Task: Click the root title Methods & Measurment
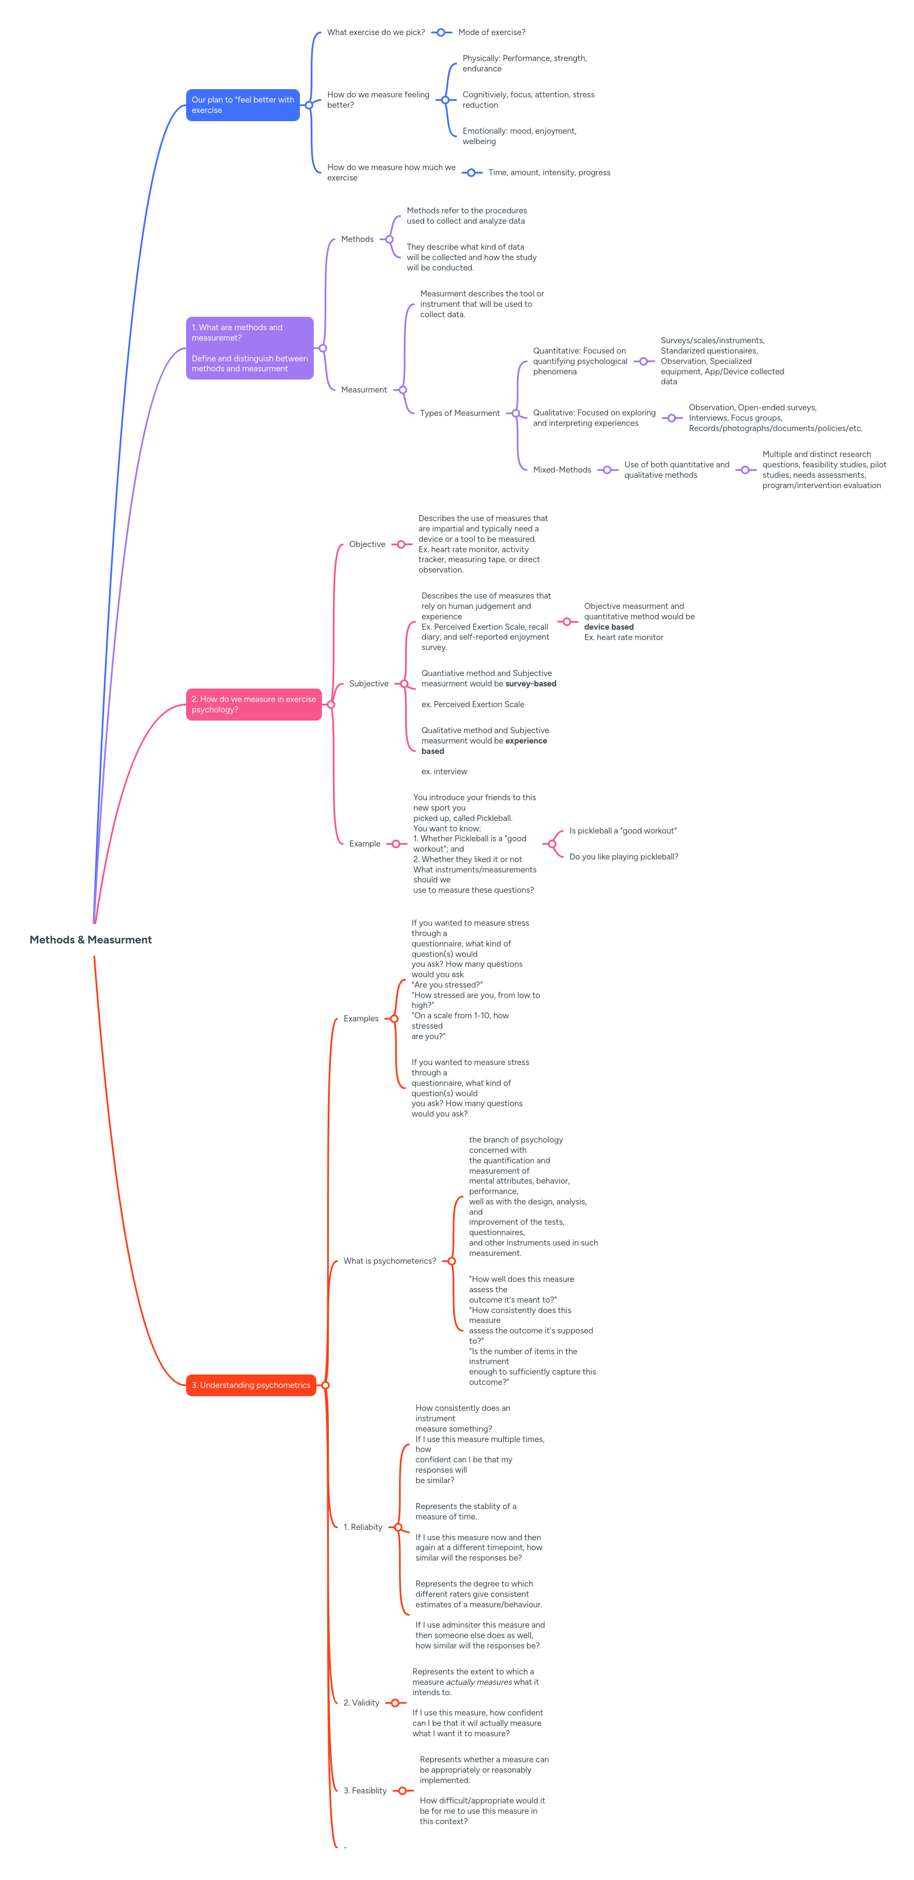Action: (90, 939)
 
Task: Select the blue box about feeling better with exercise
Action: (242, 105)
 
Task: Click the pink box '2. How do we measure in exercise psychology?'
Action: (253, 704)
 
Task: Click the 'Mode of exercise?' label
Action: (491, 32)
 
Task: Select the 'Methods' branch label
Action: (357, 239)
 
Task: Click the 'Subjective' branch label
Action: (369, 684)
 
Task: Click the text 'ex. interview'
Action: (444, 771)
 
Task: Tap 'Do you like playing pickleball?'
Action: (624, 857)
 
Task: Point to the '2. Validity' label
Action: (361, 1703)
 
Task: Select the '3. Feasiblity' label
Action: (365, 1790)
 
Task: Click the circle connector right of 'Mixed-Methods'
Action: (607, 470)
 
